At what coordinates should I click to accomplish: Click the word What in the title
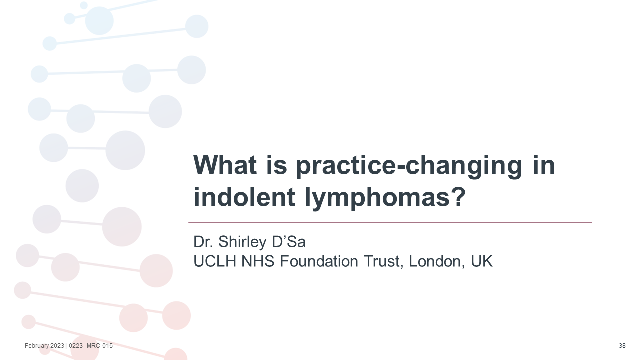click(x=225, y=165)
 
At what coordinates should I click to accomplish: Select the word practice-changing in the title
click(x=409, y=167)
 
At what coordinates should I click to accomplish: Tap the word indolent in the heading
click(x=244, y=197)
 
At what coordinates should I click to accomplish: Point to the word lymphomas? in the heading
click(x=385, y=199)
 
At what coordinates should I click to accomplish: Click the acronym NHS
click(x=258, y=261)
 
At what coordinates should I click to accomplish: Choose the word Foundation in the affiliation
click(x=319, y=261)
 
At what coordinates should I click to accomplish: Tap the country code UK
click(x=482, y=261)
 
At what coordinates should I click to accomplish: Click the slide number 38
click(x=622, y=346)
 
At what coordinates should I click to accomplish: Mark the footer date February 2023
click(x=44, y=346)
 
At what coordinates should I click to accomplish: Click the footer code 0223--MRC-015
click(x=91, y=346)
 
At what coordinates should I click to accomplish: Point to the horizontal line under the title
click(x=390, y=222)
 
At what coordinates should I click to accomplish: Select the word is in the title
click(x=276, y=165)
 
